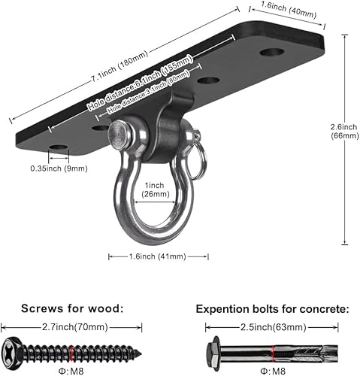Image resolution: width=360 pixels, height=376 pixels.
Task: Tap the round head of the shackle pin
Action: point(119,135)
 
